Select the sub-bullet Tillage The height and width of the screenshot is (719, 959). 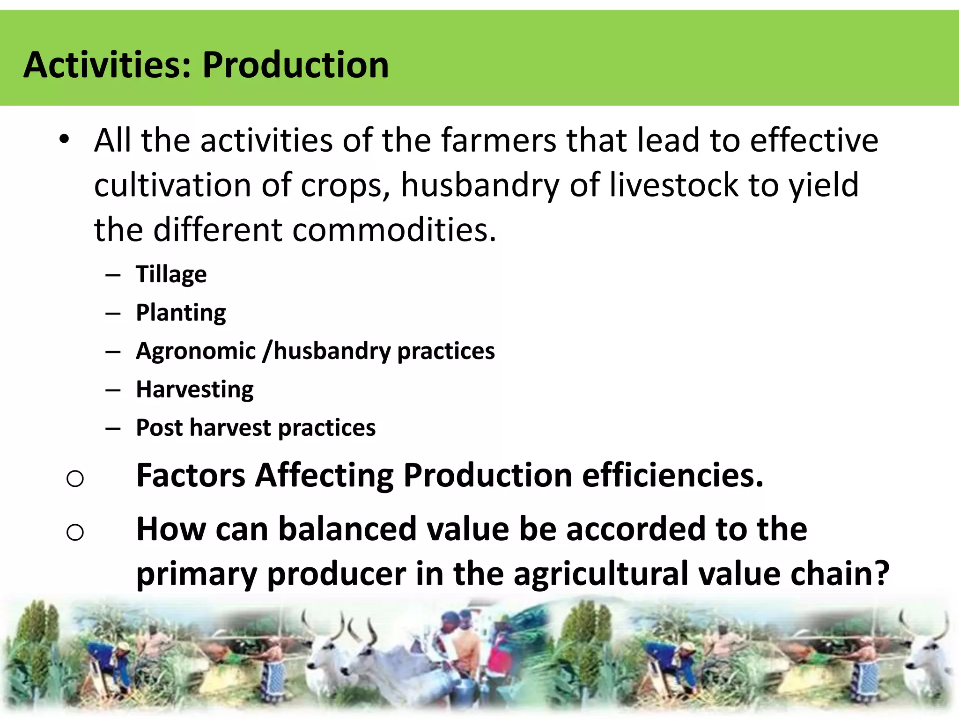(x=171, y=274)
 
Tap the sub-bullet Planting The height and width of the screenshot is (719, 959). (x=181, y=313)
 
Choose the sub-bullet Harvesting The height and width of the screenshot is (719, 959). (x=195, y=389)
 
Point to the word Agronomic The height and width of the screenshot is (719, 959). (x=196, y=351)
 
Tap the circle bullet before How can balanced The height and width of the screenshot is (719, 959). (x=75, y=533)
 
